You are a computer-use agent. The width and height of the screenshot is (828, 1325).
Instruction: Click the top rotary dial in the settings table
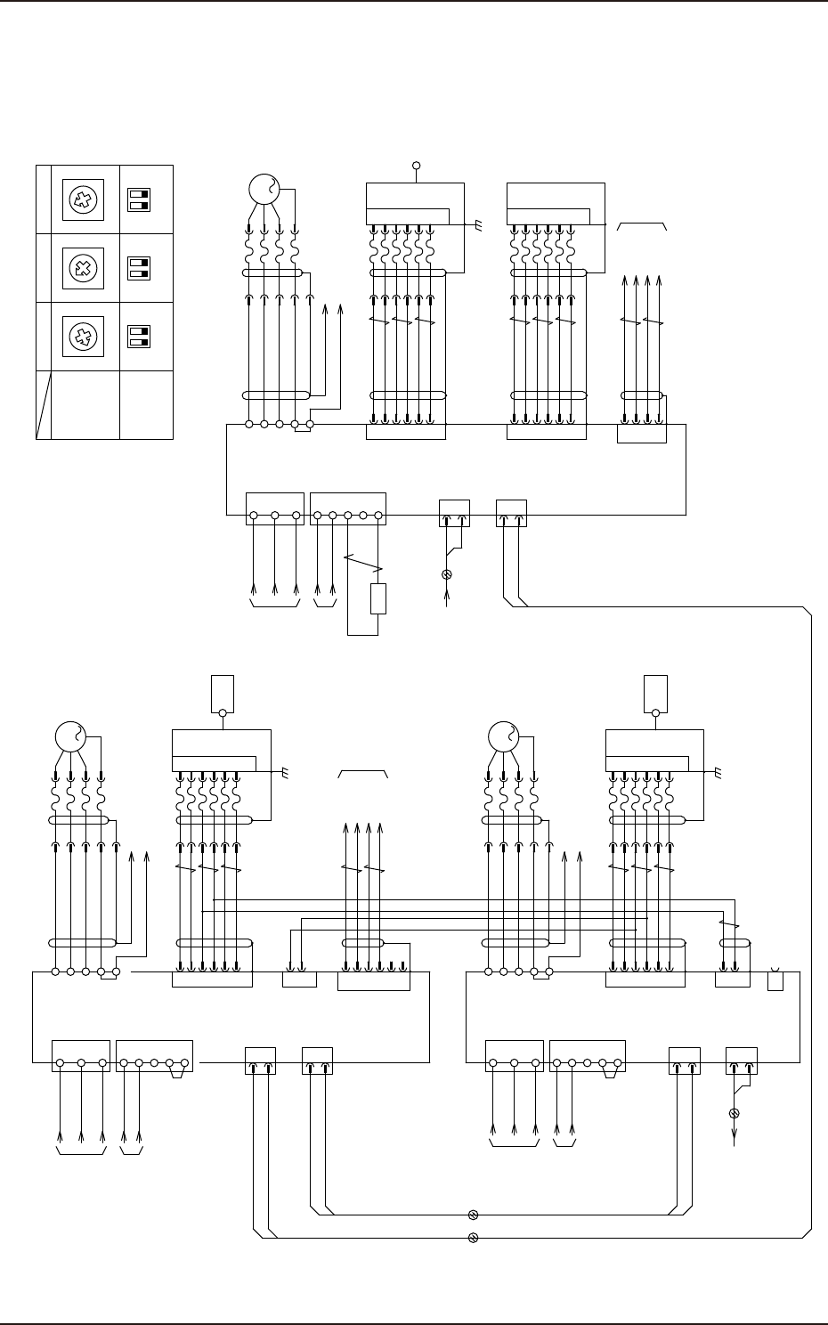[84, 199]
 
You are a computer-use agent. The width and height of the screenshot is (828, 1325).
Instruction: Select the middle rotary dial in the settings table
[84, 268]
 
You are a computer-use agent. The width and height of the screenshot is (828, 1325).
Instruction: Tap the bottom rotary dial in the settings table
[84, 337]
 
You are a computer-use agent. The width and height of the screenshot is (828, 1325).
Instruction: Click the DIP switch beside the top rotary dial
[138, 199]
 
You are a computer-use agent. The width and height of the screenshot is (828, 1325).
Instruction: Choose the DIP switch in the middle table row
[138, 268]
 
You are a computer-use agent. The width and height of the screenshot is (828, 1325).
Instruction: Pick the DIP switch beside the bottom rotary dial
[138, 337]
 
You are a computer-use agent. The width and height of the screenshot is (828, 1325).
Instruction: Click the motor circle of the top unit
[264, 190]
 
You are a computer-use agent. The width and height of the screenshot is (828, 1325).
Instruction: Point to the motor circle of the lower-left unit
[69, 737]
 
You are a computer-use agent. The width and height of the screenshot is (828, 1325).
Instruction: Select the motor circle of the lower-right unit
[504, 737]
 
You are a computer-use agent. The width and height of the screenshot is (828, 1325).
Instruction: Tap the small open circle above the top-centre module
[416, 166]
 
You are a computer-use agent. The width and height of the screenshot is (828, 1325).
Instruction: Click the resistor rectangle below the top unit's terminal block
[378, 599]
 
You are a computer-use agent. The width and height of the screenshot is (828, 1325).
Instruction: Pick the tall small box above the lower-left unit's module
[222, 694]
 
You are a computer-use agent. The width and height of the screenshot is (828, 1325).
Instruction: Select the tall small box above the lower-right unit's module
[655, 694]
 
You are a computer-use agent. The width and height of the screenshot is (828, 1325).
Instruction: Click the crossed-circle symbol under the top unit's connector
[447, 574]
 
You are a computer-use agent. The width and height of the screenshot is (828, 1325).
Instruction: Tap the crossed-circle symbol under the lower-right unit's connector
[735, 1113]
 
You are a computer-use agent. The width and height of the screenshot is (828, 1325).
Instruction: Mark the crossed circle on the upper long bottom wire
[474, 1214]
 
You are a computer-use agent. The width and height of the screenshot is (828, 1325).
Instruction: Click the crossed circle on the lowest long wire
[474, 1238]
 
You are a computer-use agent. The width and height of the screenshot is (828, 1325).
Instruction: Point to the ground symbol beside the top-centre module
[478, 227]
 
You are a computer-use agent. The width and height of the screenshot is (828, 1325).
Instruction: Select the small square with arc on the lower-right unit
[775, 980]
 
